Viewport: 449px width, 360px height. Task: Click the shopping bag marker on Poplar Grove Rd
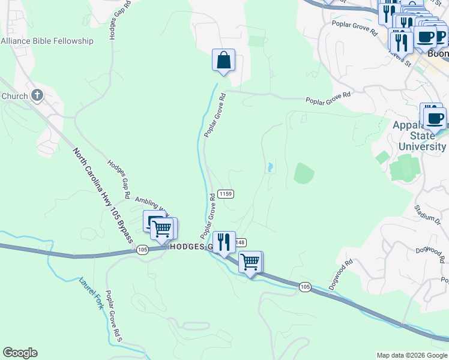(223, 61)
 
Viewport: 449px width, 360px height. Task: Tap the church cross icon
(37, 95)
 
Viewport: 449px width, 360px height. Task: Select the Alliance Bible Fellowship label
(47, 41)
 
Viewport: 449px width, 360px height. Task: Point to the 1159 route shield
(226, 194)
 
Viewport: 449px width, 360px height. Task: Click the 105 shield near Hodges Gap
(142, 250)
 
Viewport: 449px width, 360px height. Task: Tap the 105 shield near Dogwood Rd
(305, 287)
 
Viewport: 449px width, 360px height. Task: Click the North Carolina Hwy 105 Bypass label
(103, 196)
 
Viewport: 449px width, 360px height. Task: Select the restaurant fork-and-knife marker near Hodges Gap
(223, 242)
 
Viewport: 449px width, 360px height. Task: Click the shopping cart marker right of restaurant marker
(250, 261)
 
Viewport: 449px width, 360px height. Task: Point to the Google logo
(20, 353)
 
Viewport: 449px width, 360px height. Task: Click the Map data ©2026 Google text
(411, 355)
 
